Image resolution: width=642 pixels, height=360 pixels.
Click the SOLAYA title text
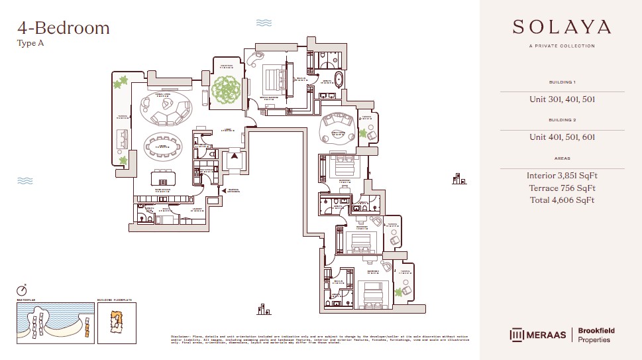(562, 27)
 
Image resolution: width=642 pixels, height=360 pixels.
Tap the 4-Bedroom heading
(63, 28)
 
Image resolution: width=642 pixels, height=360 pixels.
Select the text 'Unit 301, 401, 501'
(562, 100)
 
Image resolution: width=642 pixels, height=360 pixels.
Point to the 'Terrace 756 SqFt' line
(562, 188)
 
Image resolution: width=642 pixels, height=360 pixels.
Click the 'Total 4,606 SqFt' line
(562, 200)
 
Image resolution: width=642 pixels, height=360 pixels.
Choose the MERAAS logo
(537, 335)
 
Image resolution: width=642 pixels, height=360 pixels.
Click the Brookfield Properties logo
(594, 335)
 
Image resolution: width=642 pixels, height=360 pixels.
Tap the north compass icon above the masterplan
(23, 290)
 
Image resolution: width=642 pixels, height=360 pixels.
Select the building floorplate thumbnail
(117, 323)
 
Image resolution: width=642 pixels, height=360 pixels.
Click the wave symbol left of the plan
(25, 180)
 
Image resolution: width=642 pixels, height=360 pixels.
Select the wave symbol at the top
(264, 23)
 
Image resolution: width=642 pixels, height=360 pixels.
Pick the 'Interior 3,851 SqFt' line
(562, 176)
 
